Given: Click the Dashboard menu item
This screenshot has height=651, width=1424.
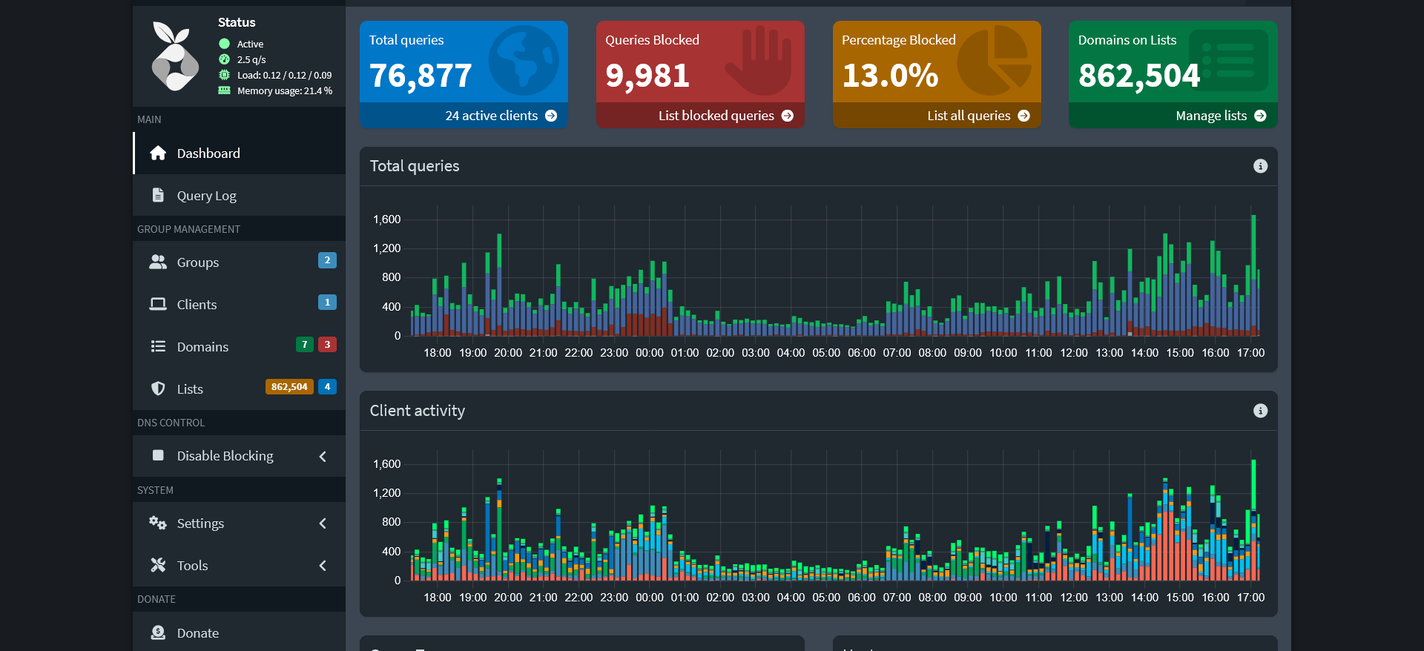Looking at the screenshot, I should [x=208, y=153].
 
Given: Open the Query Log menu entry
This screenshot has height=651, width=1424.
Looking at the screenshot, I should [x=206, y=196].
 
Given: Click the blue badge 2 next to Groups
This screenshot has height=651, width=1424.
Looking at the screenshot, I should [x=327, y=260].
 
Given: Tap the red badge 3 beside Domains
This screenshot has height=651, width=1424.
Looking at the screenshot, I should [x=327, y=345].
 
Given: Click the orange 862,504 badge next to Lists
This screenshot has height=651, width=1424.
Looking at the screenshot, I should [x=289, y=387].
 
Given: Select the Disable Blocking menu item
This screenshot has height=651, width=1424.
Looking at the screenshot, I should [x=225, y=456].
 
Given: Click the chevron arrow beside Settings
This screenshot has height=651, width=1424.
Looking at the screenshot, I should [x=323, y=523].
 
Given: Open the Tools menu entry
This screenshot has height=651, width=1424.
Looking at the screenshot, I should [x=192, y=566].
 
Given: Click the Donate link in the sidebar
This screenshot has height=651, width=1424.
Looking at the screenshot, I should [x=197, y=633].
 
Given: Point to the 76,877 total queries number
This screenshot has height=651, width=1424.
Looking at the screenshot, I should [x=421, y=76].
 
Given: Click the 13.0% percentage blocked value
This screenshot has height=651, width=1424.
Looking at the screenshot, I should [x=890, y=76].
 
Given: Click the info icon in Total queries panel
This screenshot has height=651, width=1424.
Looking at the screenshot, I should [x=1260, y=166].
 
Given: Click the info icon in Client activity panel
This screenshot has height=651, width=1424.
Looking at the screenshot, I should [x=1260, y=411].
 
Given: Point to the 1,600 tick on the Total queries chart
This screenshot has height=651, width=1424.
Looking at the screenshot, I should [x=386, y=219].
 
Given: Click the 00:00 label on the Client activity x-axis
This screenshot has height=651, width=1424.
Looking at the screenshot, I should [x=649, y=598].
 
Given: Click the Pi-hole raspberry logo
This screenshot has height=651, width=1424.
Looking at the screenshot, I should [x=175, y=56].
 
